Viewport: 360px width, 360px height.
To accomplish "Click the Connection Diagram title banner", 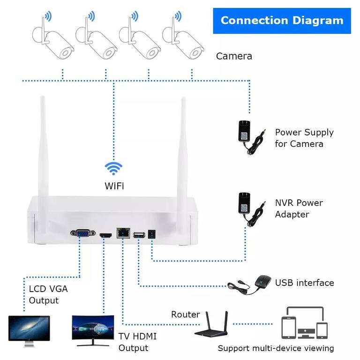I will [x=282, y=21].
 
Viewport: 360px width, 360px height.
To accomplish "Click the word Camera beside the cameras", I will [x=234, y=56].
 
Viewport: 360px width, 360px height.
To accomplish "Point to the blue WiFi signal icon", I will [x=113, y=168].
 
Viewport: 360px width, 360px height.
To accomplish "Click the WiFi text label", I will [x=114, y=186].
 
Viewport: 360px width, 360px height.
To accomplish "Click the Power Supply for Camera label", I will [x=304, y=138].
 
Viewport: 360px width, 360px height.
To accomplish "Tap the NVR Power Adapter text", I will [x=299, y=209].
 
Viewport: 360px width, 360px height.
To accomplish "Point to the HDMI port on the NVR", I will [x=106, y=234].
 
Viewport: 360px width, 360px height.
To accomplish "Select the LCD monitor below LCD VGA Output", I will [x=29, y=329].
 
